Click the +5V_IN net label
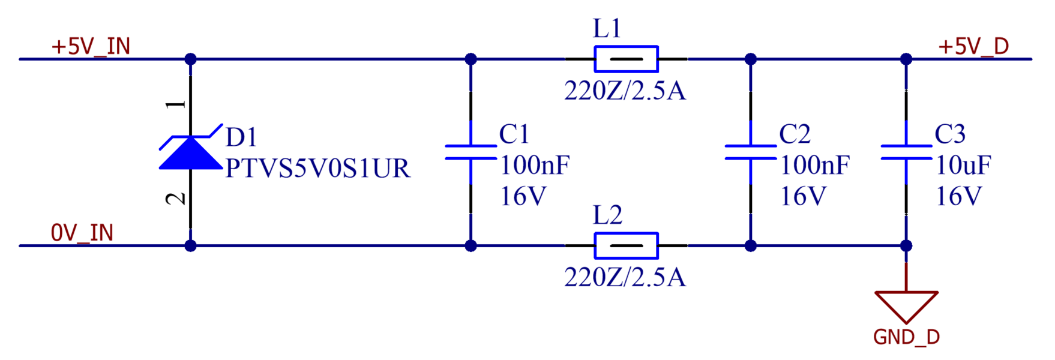pos(91,46)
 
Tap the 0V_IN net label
pos(82,233)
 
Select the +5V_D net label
pos(973,46)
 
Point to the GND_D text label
pos(906,337)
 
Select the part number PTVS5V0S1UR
pos(317,169)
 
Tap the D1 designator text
pos(241,137)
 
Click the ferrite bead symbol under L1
pos(626,59)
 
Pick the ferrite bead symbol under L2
pos(626,245)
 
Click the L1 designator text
pos(607,28)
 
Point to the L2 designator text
pos(607,215)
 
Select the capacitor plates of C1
pos(470,152)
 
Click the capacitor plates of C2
pos(750,152)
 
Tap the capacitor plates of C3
pos(906,152)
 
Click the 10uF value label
pos(963,165)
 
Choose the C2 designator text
pos(795,134)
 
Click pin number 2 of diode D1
pos(176,199)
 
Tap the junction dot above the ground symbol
pos(906,245)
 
